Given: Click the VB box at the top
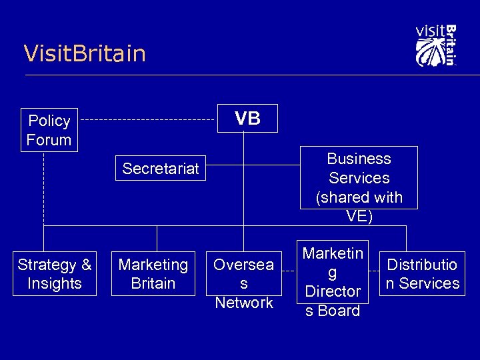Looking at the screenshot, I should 247,119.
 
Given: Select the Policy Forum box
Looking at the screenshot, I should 49,130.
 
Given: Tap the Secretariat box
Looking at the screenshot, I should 161,169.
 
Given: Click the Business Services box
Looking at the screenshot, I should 359,178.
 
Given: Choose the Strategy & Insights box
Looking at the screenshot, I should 55,274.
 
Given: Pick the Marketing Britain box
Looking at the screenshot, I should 153,274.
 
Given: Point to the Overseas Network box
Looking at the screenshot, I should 243,283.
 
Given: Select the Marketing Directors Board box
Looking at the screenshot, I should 333,281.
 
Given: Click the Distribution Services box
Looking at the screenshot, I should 422,274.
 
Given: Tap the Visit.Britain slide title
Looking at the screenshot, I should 85,53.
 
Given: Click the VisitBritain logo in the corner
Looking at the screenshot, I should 435,45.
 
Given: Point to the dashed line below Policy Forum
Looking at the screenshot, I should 44,190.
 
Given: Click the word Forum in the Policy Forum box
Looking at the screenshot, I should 49,140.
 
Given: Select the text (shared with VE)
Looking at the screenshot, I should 359,207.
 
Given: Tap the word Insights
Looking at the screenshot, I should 55,283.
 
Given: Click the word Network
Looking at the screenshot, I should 244,303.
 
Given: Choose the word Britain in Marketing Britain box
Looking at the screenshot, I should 153,283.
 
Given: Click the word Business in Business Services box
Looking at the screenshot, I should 359,159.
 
